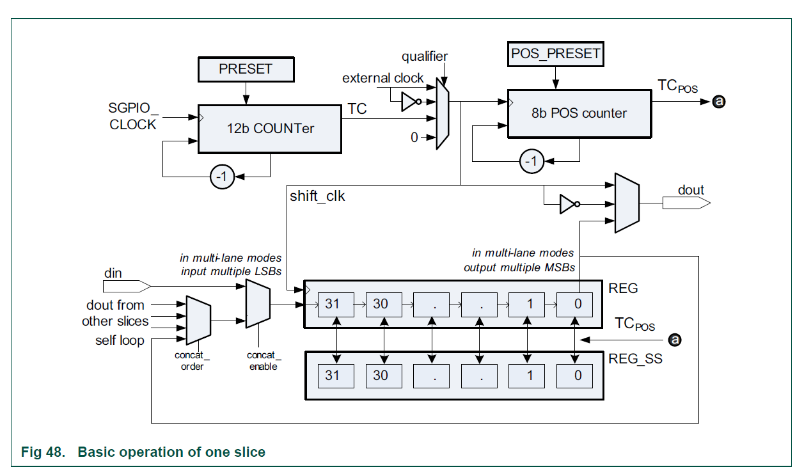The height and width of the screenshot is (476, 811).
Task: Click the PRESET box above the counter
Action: coord(246,69)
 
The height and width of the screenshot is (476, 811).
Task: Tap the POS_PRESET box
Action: coord(556,54)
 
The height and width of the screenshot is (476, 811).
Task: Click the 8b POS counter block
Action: coord(579,113)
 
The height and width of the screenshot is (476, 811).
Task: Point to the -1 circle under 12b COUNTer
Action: coord(222,177)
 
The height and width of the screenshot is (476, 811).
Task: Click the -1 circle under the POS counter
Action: coord(531,161)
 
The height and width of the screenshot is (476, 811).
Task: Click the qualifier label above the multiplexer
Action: coord(425,56)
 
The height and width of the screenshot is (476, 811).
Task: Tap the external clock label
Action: coord(382,78)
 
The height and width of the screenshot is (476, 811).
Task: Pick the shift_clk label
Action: coord(317,196)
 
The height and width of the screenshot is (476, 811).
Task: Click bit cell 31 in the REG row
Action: coord(332,304)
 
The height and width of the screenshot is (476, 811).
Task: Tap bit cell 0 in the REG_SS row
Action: coord(578,376)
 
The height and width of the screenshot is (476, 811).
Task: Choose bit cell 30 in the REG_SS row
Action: coord(381,376)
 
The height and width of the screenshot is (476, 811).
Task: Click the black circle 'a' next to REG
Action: coord(674,340)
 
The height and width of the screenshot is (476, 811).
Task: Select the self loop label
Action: coord(119,340)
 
